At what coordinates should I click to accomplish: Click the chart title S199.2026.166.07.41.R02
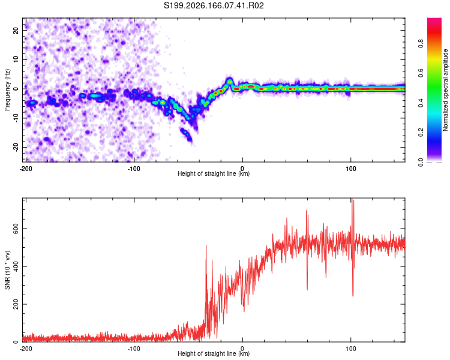point(214,5)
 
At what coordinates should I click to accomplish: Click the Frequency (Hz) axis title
point(7,89)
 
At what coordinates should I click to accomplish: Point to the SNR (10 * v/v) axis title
point(7,270)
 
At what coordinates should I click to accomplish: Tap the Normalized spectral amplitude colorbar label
point(445,90)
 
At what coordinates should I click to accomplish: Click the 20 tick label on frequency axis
point(16,30)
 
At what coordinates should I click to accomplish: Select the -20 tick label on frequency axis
point(16,148)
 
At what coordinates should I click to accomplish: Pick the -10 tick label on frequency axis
point(16,118)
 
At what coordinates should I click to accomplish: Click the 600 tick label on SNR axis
point(16,229)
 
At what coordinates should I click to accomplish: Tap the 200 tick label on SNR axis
point(16,304)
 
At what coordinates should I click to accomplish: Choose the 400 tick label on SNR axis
point(16,266)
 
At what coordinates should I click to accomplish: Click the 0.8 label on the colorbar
point(421,44)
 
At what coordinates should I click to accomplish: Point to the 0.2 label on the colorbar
point(421,133)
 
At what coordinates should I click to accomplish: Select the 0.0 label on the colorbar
point(421,162)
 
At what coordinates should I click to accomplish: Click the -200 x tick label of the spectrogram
point(26,169)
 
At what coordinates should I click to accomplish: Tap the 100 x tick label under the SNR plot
point(350,349)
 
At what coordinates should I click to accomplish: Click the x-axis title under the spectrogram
point(214,173)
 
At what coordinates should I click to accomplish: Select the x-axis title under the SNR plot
point(214,353)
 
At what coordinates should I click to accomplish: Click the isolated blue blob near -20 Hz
point(186,134)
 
